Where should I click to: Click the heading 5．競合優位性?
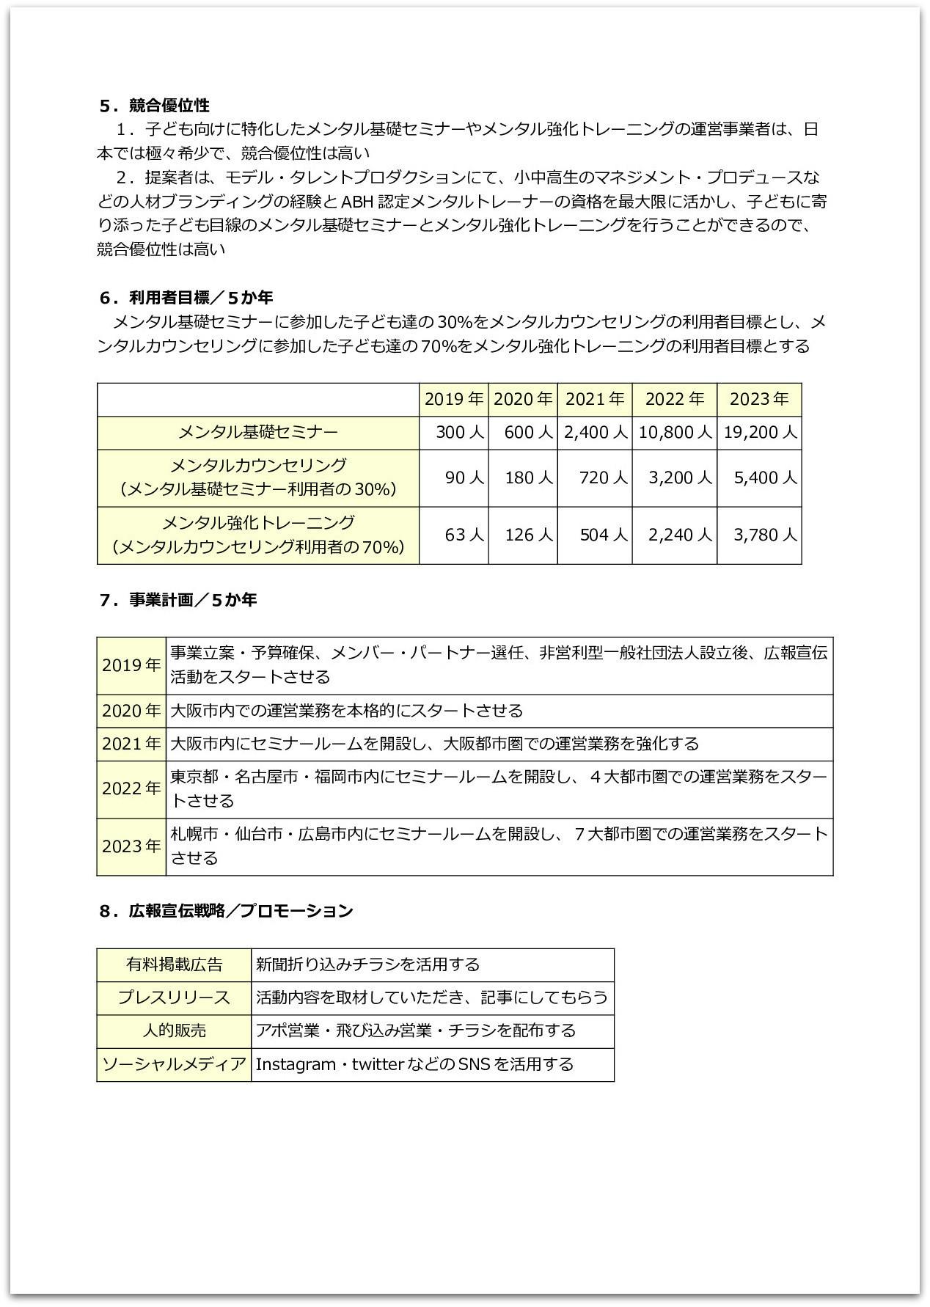click(x=155, y=106)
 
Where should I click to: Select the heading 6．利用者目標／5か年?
click(x=186, y=297)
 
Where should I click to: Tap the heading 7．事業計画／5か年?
click(x=178, y=599)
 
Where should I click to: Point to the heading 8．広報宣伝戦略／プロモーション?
click(x=226, y=910)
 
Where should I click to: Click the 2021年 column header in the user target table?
click(x=595, y=399)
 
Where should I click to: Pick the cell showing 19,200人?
click(x=760, y=433)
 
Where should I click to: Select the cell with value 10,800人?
click(x=675, y=433)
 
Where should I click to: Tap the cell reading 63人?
click(x=464, y=535)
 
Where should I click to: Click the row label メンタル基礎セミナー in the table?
click(x=258, y=433)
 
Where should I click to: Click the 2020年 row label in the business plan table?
click(x=131, y=711)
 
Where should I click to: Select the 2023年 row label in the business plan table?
click(x=131, y=846)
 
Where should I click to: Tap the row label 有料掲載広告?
click(x=174, y=964)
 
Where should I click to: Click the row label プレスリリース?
click(x=174, y=997)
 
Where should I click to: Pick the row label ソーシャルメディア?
click(x=174, y=1064)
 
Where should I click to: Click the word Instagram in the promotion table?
click(x=296, y=1064)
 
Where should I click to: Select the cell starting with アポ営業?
click(x=415, y=1030)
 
